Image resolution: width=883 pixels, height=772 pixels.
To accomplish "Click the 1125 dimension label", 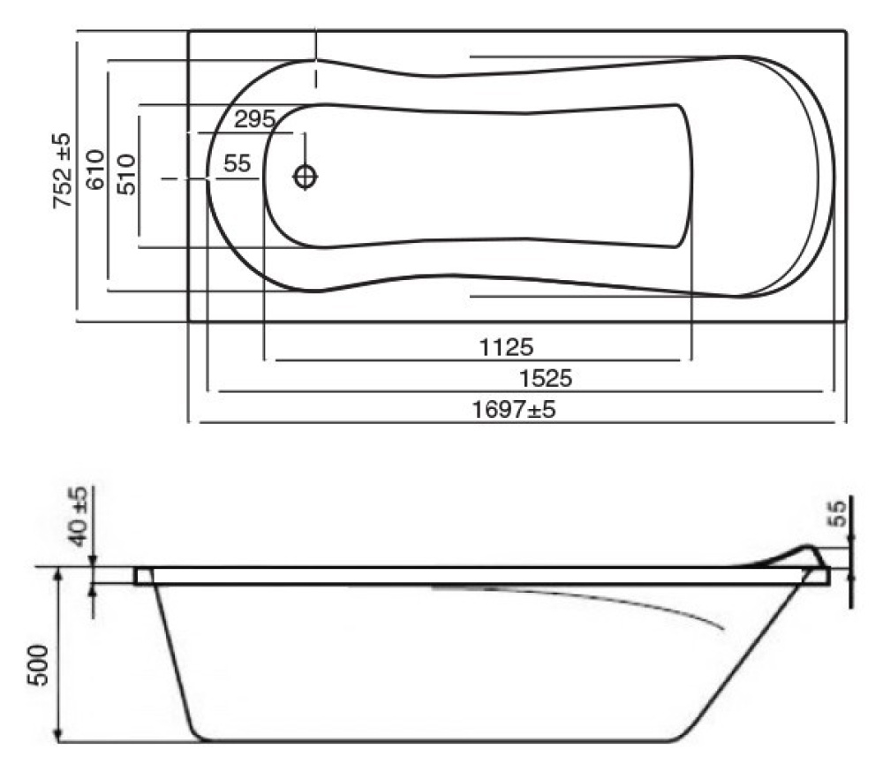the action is click(x=506, y=347).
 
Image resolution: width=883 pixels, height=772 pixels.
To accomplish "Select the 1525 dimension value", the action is click(x=545, y=378).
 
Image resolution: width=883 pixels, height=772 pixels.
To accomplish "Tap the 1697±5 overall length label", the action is click(x=513, y=409).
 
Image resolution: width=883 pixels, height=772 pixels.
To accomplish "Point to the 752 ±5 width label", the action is click(x=63, y=170).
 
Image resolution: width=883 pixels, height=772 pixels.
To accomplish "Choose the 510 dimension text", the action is click(x=126, y=174).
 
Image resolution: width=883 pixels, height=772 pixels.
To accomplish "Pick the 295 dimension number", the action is click(x=255, y=119).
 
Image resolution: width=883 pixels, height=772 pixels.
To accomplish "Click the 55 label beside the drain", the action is click(x=237, y=163).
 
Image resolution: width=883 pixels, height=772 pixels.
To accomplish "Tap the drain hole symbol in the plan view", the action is click(x=306, y=177).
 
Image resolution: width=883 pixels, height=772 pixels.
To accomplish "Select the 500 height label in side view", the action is click(x=39, y=665).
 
